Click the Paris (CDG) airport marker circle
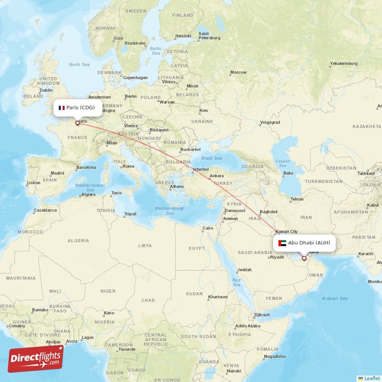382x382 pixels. (x=77, y=123)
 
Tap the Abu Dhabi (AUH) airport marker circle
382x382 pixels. (x=304, y=258)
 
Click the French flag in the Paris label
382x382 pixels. (x=62, y=108)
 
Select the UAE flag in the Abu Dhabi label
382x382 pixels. (x=282, y=243)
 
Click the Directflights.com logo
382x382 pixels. (x=35, y=358)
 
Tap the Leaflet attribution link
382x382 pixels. (x=371, y=378)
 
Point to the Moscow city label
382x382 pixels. (x=238, y=73)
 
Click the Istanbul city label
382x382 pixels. (x=201, y=170)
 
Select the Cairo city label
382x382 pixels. (x=208, y=228)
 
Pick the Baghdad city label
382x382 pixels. (x=268, y=212)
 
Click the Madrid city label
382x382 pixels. (x=57, y=173)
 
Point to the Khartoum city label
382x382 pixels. (x=218, y=297)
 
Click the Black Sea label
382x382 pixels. (x=212, y=158)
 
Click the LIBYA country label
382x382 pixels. (x=145, y=245)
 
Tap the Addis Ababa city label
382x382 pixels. (x=248, y=327)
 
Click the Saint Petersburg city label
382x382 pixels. (x=210, y=36)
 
